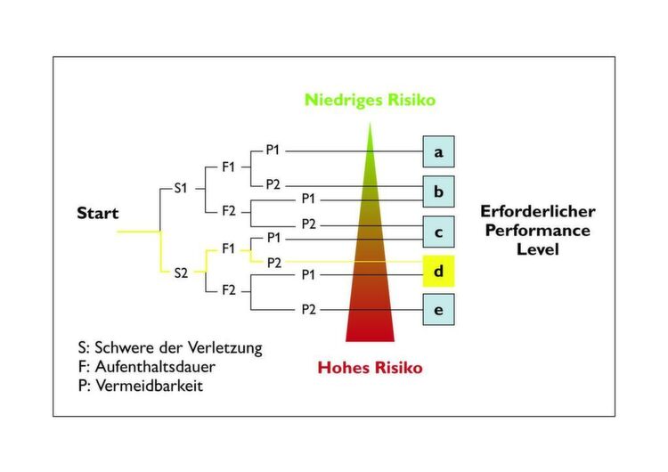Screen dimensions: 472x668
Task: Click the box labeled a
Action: (438, 152)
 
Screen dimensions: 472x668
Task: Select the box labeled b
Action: (438, 191)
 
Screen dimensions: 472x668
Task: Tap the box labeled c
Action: (438, 232)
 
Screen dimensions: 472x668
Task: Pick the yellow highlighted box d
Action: (438, 270)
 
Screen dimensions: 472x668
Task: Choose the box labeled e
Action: (438, 311)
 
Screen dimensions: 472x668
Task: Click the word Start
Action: (98, 214)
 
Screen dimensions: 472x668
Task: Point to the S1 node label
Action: (182, 189)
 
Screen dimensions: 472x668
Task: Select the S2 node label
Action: (182, 272)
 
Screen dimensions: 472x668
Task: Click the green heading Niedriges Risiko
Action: (370, 100)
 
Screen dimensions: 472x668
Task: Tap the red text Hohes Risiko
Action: (370, 367)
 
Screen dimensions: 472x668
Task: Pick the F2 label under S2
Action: (229, 290)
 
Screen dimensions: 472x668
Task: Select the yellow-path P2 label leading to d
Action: (273, 263)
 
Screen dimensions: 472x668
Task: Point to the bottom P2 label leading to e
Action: (308, 310)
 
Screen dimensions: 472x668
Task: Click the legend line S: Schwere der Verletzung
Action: (170, 347)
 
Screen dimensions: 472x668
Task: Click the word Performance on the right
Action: (537, 231)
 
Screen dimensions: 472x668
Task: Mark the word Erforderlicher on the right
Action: (537, 212)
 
